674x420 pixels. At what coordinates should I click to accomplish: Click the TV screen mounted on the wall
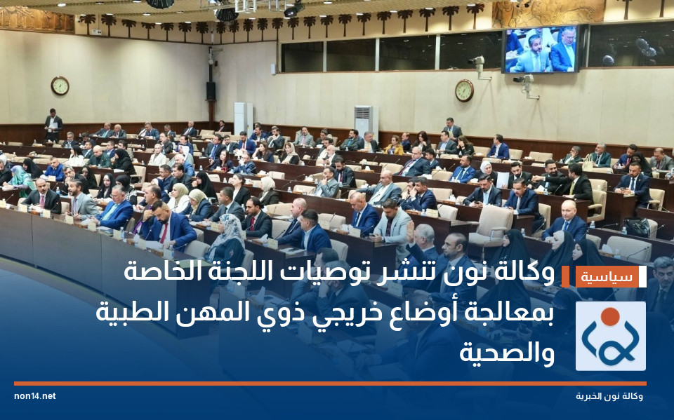541,50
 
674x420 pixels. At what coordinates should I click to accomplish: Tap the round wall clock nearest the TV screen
464,90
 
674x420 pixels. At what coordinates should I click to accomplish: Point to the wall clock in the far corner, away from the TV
60,86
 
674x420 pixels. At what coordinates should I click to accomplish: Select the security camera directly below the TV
526,83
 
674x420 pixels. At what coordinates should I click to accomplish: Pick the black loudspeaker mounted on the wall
211,90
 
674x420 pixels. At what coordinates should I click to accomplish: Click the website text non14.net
34,396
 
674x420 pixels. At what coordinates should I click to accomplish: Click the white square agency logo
610,336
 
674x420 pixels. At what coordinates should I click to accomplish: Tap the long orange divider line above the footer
330,384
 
